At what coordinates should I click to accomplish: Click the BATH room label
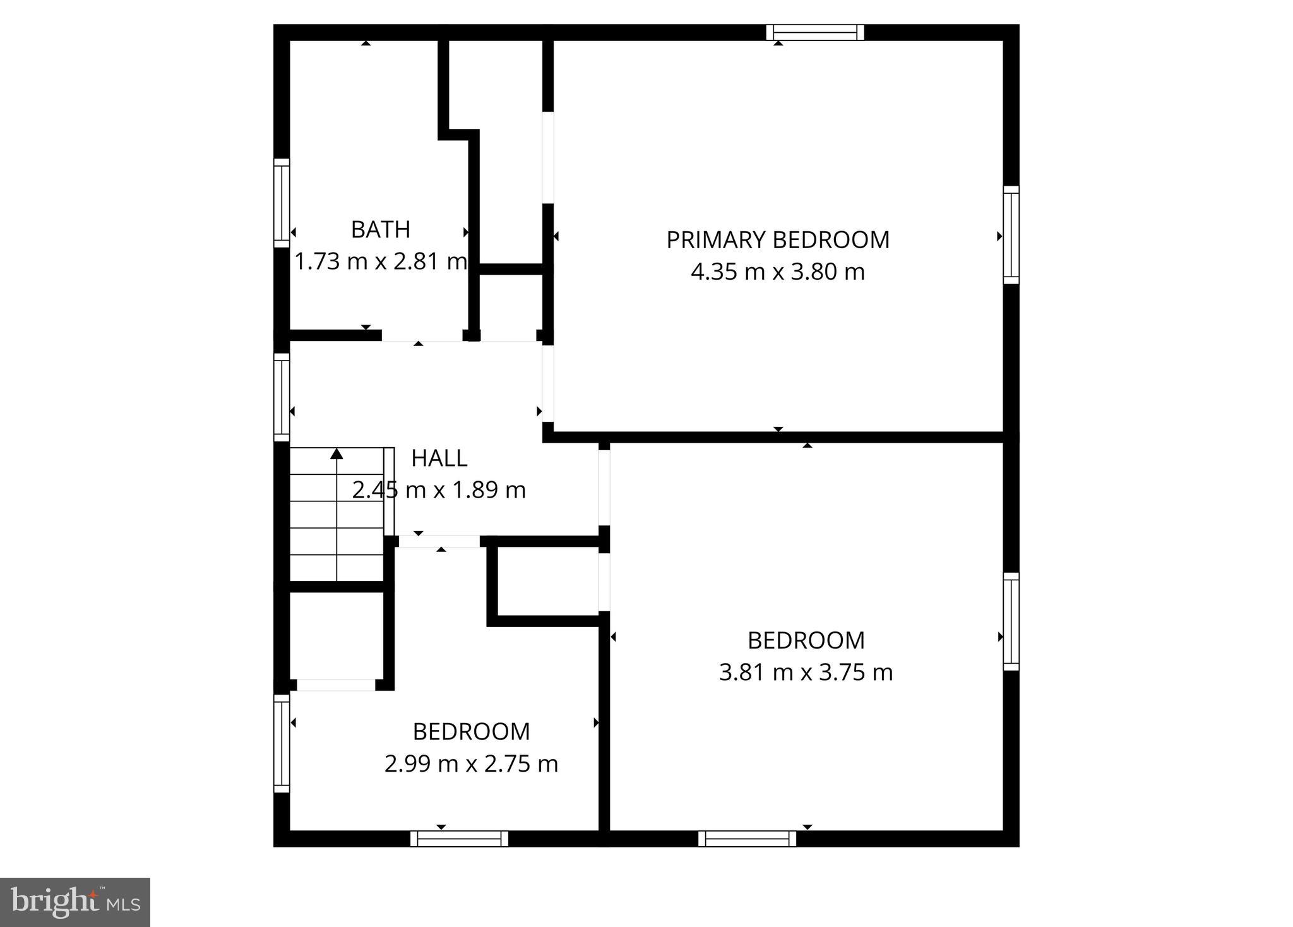tap(380, 230)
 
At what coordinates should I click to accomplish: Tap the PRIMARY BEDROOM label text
tap(778, 240)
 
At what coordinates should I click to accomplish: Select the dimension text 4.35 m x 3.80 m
tap(778, 272)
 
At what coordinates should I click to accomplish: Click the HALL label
tap(439, 458)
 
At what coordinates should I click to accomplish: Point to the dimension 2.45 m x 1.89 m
tap(439, 490)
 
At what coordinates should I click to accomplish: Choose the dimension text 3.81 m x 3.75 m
tap(806, 673)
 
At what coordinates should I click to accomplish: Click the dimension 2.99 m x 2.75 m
tap(471, 764)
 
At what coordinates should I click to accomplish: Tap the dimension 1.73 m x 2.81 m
tap(380, 261)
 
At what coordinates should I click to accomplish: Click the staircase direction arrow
tap(337, 453)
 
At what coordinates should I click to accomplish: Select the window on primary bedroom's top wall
tap(815, 32)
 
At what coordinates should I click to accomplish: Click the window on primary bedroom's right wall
tap(1011, 235)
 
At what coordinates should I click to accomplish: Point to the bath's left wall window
tap(282, 203)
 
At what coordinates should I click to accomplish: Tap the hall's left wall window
tap(282, 397)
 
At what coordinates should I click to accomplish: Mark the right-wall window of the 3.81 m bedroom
tap(1011, 621)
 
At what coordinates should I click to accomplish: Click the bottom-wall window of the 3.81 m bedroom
tap(747, 839)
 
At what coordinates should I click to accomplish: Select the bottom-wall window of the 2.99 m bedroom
tap(459, 839)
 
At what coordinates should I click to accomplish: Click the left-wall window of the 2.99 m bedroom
tap(282, 743)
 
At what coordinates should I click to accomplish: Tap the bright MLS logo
tap(75, 902)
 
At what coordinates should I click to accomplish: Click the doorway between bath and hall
tap(422, 335)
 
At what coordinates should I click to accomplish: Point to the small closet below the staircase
tap(337, 635)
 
